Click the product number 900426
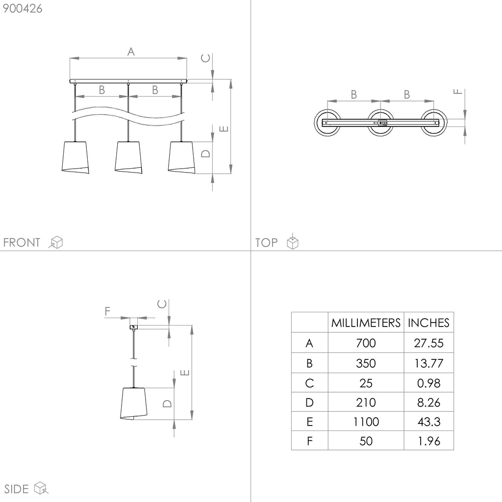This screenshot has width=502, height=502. pos(23,9)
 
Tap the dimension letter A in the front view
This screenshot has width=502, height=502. pos(130,51)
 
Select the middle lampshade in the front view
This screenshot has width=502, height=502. pos(128,157)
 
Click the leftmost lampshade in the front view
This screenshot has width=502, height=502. pos(75,157)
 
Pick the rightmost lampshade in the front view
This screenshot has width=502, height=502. pos(181,157)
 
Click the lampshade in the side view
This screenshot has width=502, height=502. pos(133,404)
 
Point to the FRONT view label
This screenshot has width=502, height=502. pos(22,242)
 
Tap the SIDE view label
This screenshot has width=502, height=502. pos(16,489)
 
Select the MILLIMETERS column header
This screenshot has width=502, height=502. pos(366,323)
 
